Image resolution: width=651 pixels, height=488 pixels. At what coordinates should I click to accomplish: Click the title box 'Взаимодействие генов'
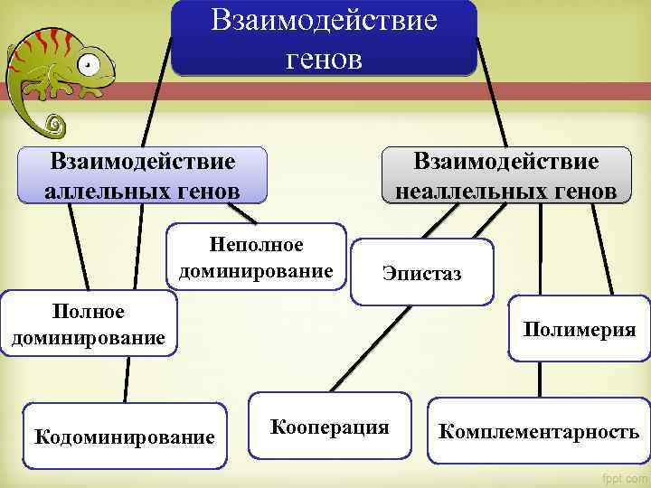(324, 38)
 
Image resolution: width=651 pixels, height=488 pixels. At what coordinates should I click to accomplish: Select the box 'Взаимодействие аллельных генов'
(142, 175)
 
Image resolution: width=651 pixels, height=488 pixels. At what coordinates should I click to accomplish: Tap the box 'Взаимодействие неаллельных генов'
(505, 175)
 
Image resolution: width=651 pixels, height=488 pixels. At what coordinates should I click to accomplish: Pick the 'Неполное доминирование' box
(257, 258)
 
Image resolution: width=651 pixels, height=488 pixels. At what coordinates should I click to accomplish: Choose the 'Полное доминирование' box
(88, 324)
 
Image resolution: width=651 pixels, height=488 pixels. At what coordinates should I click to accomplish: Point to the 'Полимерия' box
(579, 330)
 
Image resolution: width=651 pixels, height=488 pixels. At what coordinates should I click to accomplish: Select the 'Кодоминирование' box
(124, 436)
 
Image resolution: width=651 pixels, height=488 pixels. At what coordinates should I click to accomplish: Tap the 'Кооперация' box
(328, 427)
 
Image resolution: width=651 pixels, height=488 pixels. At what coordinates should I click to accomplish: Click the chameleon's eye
(88, 64)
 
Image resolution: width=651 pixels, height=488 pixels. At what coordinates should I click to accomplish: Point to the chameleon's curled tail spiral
(54, 121)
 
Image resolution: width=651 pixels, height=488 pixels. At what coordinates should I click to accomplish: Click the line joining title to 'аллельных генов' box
(159, 90)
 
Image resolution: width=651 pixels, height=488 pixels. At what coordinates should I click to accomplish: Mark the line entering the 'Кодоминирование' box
(125, 380)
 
